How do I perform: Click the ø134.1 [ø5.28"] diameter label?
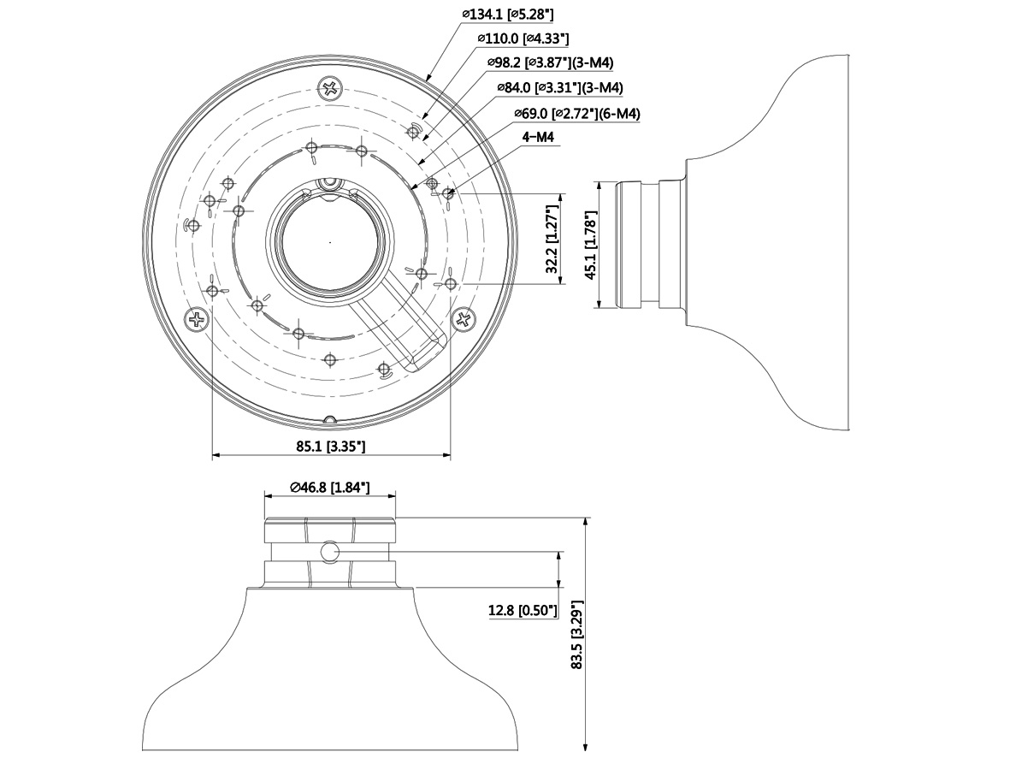pyautogui.click(x=508, y=14)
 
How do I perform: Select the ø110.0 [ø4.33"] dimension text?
pyautogui.click(x=523, y=38)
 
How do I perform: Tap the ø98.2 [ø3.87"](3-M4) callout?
pyautogui.click(x=550, y=63)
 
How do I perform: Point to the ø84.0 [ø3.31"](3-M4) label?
pyautogui.click(x=560, y=87)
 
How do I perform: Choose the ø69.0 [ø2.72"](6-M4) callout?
pyautogui.click(x=577, y=114)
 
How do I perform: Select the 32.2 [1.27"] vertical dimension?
pyautogui.click(x=552, y=240)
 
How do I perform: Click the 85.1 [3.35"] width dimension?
pyautogui.click(x=330, y=446)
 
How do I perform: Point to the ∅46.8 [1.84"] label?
pyautogui.click(x=330, y=488)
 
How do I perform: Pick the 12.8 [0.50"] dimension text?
pyautogui.click(x=523, y=610)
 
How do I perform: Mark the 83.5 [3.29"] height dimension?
pyautogui.click(x=577, y=635)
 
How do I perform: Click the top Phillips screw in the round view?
pyautogui.click(x=331, y=88)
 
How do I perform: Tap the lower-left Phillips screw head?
pyautogui.click(x=197, y=319)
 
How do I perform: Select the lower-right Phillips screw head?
pyautogui.click(x=464, y=318)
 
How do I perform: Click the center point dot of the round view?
pyautogui.click(x=330, y=242)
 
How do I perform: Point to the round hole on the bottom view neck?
pyautogui.click(x=330, y=552)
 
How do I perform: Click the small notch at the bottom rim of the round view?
pyautogui.click(x=330, y=420)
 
